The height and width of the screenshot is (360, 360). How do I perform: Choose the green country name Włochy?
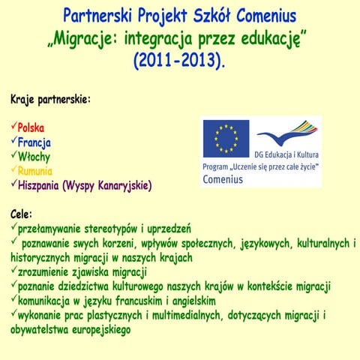(34, 156)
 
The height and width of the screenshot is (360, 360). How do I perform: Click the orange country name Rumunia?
(36, 170)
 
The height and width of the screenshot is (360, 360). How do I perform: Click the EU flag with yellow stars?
(226, 138)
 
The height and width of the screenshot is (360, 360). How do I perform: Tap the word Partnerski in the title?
(98, 16)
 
